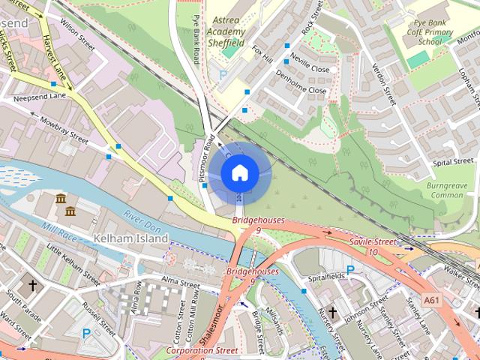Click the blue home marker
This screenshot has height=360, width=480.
click(x=238, y=172)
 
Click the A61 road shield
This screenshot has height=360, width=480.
click(x=431, y=300)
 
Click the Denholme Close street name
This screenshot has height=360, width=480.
click(x=301, y=83)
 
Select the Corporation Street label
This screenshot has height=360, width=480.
click(x=202, y=350)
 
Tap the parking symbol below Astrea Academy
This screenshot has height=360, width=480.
click(x=222, y=74)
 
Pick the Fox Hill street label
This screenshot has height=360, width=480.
click(x=262, y=55)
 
